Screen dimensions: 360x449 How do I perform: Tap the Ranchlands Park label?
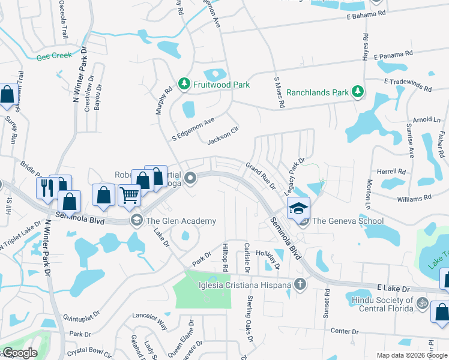pos(318,93)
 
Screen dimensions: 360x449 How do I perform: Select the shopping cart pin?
pos(130,195)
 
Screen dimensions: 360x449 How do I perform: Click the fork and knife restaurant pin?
pos(46,188)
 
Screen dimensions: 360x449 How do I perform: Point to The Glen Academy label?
pos(181,221)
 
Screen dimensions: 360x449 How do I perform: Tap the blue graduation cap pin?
pos(298,208)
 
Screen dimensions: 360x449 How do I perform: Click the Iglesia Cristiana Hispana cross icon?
pos(299,284)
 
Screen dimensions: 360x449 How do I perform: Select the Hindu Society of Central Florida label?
pos(380,304)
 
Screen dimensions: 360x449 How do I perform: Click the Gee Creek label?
pos(54,55)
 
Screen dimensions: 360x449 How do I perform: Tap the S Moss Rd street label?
pos(279,92)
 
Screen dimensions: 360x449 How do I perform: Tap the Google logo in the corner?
pos(19,353)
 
